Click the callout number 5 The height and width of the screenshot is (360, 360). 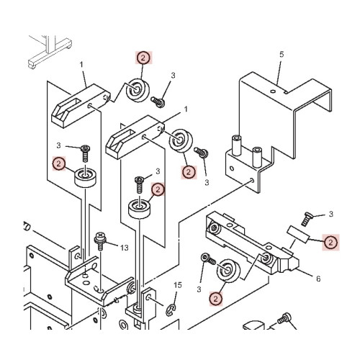tap(282, 55)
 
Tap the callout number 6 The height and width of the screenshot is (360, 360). tap(318, 279)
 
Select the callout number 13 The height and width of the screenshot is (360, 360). tap(124, 248)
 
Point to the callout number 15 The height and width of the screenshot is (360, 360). tap(178, 285)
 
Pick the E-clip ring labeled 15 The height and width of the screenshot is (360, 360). tap(171, 310)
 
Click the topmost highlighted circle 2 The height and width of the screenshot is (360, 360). tap(143, 58)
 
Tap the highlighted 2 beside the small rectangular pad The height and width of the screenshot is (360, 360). tap(330, 242)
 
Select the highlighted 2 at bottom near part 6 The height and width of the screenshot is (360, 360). tap(215, 299)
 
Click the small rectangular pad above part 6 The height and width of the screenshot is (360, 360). tap(297, 235)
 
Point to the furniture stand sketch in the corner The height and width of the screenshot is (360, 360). tap(49, 52)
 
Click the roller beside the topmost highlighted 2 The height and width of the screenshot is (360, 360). tap(138, 90)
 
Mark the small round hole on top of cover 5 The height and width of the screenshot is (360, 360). tap(273, 91)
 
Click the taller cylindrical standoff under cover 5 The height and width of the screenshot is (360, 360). tap(236, 146)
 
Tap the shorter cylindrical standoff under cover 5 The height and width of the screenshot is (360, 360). tap(256, 157)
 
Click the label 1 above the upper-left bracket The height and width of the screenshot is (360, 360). tap(81, 65)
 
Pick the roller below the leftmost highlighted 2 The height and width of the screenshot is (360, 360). tap(85, 178)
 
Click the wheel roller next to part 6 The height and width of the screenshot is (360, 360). tap(228, 271)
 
